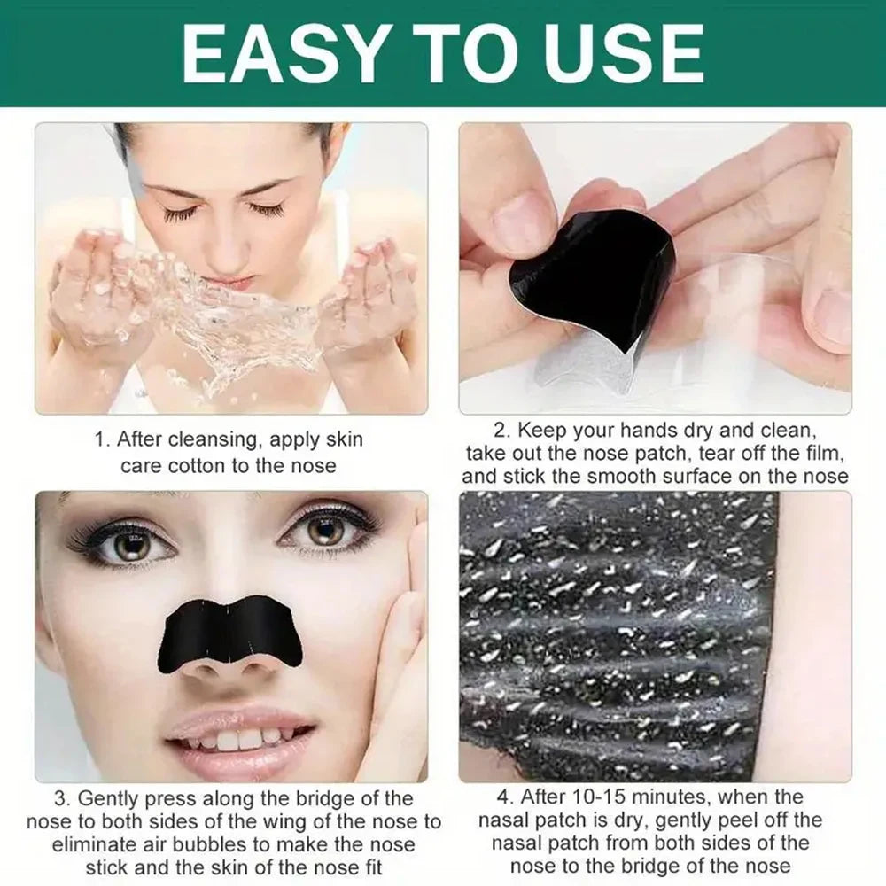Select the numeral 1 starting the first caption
pyautogui.click(x=101, y=439)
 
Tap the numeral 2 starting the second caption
pyautogui.click(x=501, y=431)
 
